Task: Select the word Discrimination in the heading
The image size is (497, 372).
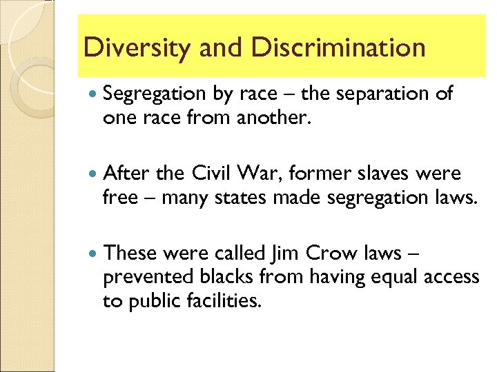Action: [338, 48]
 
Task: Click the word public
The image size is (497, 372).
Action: [156, 302]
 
